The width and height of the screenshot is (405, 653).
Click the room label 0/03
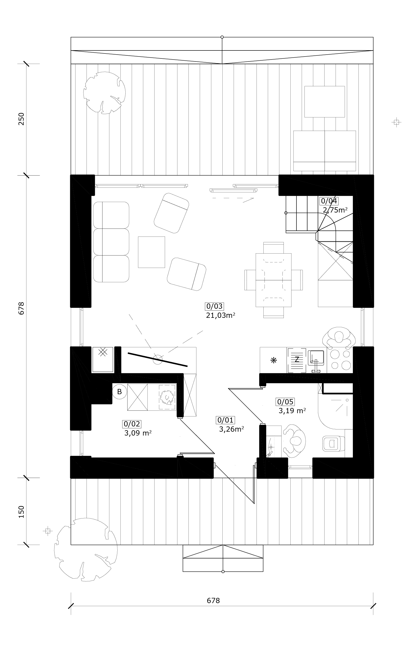point(214,306)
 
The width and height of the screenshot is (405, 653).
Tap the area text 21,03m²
point(220,315)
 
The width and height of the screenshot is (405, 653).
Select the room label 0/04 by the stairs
point(329,201)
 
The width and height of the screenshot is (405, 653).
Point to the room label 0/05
point(285,402)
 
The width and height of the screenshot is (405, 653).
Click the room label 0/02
point(132,424)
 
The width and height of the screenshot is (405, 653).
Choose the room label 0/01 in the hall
point(225,420)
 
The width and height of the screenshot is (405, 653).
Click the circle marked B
point(119,392)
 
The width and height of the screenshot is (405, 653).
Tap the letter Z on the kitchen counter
point(297,359)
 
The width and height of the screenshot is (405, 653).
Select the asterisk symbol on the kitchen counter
point(274,360)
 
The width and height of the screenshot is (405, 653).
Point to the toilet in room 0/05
point(333,443)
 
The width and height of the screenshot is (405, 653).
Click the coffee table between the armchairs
point(151,252)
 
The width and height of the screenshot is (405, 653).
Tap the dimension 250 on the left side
point(21,119)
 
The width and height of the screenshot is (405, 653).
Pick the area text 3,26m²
point(231,429)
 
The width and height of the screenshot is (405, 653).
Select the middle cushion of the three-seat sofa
point(111,242)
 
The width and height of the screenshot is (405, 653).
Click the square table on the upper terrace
point(325,102)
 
